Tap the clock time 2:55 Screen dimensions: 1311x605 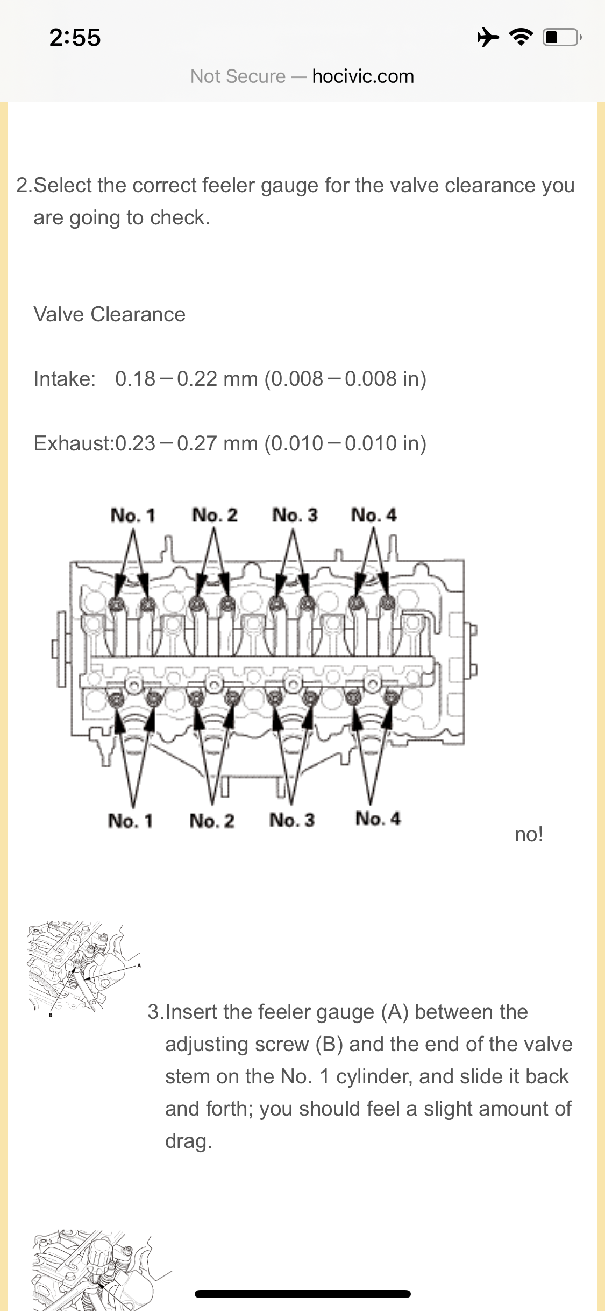[x=75, y=38]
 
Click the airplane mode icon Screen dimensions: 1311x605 [x=488, y=37]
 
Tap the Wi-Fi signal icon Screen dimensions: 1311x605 [x=521, y=37]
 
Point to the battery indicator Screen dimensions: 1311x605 [x=561, y=37]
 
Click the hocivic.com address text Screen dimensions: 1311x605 [x=363, y=76]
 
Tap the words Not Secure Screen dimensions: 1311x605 [x=238, y=76]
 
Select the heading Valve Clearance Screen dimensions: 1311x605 [x=109, y=314]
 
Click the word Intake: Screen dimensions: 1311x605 [x=65, y=379]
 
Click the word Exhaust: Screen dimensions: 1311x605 [x=74, y=443]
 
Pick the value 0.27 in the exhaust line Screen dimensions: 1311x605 [x=197, y=443]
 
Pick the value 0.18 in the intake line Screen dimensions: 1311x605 [x=135, y=379]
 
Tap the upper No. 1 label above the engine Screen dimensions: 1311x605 [x=132, y=515]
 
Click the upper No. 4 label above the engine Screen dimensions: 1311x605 [x=374, y=515]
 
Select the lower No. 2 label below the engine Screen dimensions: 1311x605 [x=212, y=821]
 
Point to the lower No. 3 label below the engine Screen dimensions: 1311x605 [x=292, y=820]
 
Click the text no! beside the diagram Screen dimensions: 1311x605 [x=529, y=834]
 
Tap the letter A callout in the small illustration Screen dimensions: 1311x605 [x=139, y=965]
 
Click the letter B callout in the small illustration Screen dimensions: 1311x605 [x=51, y=1015]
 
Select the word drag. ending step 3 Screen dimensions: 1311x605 [x=188, y=1141]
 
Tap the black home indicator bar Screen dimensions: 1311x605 [x=303, y=1294]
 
